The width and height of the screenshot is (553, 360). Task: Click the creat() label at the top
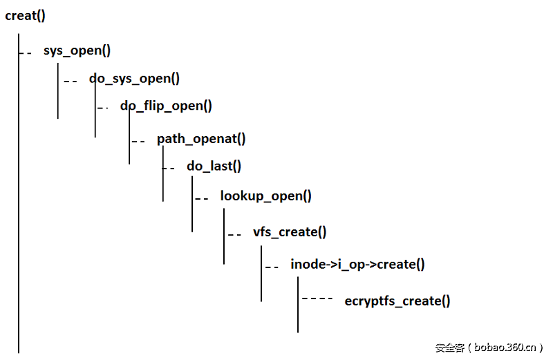(25, 16)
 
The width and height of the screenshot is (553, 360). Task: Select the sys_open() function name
(77, 50)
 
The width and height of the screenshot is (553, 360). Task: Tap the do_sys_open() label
(134, 79)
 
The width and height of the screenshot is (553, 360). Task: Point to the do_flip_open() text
(166, 106)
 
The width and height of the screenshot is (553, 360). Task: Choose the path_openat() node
(201, 139)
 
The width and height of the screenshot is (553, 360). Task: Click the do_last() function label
(214, 166)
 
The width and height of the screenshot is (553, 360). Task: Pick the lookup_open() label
(265, 196)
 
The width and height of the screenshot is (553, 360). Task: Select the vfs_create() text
(290, 232)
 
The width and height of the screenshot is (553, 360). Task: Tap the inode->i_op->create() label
(357, 265)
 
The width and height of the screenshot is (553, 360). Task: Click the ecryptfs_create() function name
(397, 301)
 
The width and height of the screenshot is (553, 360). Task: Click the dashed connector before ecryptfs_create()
(317, 299)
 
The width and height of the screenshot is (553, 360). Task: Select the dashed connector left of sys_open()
(26, 53)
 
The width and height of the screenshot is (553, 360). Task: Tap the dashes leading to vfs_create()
(234, 235)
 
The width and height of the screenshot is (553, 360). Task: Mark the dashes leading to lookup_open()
(202, 199)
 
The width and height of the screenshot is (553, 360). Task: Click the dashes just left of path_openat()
(138, 142)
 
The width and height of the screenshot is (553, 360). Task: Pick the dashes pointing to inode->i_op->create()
(272, 267)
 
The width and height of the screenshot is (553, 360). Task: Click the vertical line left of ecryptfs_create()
(298, 305)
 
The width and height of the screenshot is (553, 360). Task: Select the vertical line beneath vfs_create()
(261, 274)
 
